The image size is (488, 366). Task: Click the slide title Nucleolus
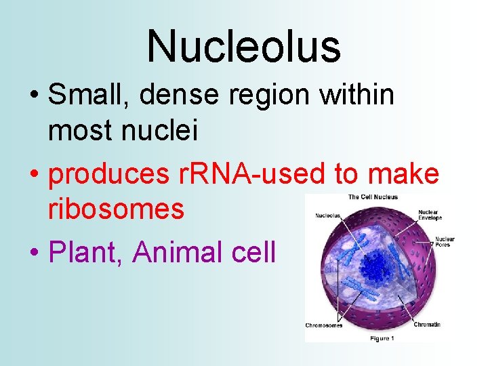pos(243,46)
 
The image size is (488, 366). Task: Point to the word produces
pos(109,175)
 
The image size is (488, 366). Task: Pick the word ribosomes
pos(116,209)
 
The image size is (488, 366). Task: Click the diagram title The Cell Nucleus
pos(373,197)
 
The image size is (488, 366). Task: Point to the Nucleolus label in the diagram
pos(327,217)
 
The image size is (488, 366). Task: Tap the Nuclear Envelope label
pos(430,215)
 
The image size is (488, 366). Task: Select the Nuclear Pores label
pos(445,241)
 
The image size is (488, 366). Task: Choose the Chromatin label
pos(426,325)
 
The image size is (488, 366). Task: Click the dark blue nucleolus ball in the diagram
pos(372,262)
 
